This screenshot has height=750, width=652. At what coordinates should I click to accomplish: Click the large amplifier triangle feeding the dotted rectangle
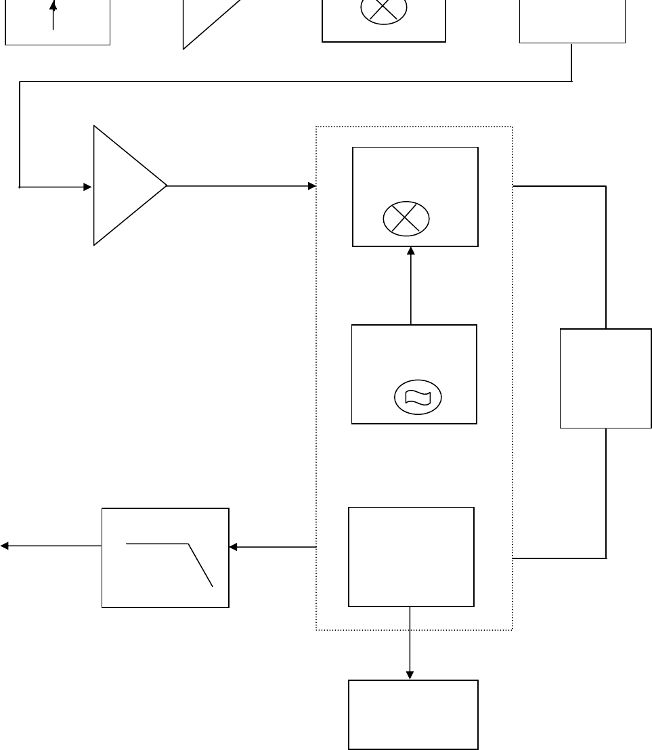(125, 185)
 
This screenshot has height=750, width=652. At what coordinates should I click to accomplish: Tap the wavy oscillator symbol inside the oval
(417, 397)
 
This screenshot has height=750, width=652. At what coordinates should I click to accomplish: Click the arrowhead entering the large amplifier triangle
(87, 187)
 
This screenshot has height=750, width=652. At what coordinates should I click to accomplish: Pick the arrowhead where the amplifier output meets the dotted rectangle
(312, 185)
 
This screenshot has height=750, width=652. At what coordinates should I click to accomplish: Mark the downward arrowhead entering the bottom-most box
(410, 674)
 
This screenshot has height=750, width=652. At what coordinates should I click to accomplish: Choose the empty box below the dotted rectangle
(413, 714)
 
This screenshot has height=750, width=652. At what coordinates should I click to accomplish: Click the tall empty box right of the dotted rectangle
(605, 378)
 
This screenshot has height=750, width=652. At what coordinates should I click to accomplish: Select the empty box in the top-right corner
(572, 20)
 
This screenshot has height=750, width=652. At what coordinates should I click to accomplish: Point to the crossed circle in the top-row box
(383, 9)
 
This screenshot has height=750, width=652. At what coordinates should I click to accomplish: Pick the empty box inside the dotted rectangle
(411, 556)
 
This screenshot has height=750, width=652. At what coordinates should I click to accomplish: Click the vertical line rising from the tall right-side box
(605, 257)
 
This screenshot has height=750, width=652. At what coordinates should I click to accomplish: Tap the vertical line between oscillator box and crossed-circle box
(410, 288)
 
